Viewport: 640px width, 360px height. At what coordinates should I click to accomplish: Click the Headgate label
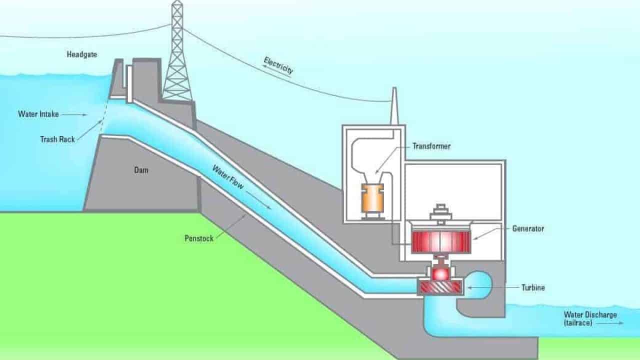click(81, 54)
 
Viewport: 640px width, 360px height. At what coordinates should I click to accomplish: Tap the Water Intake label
click(38, 114)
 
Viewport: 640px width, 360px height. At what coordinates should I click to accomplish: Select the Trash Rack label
click(57, 139)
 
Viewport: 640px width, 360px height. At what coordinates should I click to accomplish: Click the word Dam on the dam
click(141, 170)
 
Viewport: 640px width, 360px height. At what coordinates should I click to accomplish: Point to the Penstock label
click(199, 238)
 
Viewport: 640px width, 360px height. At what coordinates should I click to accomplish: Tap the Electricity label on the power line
click(278, 65)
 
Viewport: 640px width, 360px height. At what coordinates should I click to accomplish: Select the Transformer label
click(431, 146)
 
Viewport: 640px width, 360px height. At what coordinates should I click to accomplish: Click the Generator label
click(528, 228)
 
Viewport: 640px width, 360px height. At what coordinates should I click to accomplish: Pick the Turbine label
click(533, 287)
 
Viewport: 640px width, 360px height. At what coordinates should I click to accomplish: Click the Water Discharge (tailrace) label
click(590, 319)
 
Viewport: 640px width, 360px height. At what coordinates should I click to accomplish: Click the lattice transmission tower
click(177, 52)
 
